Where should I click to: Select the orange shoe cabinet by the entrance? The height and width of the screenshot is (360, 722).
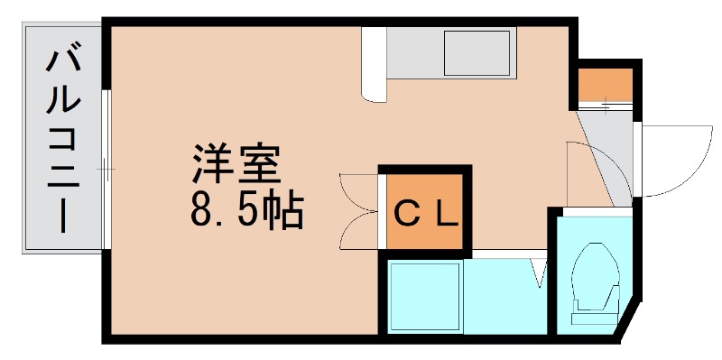click(605, 85)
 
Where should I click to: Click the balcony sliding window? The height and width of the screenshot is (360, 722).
click(106, 168)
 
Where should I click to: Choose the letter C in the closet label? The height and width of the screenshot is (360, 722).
click(408, 214)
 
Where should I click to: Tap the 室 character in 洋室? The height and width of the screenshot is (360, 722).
click(262, 162)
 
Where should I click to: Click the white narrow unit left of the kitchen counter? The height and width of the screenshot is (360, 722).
click(374, 61)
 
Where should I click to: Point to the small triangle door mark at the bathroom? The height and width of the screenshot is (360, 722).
click(539, 272)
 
